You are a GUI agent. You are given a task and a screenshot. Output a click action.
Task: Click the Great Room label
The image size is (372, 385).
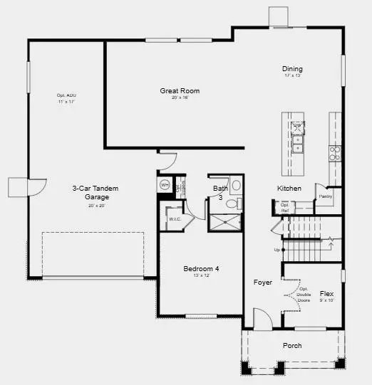(x=179, y=90)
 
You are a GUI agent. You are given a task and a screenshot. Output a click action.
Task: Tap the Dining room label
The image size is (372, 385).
(x=291, y=68)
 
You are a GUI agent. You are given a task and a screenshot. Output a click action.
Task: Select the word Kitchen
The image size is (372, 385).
(x=289, y=189)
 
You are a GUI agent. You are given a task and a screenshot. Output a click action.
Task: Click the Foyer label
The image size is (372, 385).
(x=263, y=283)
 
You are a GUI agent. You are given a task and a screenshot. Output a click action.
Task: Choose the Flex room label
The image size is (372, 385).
(x=327, y=293)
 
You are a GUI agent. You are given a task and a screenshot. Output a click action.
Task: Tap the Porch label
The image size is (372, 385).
(x=291, y=346)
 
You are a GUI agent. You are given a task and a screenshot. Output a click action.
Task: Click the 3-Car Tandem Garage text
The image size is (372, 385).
(x=95, y=192)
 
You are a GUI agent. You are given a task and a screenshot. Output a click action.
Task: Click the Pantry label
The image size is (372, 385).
(x=326, y=196)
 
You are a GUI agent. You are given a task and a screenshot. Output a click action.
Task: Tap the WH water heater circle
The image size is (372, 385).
(x=165, y=185)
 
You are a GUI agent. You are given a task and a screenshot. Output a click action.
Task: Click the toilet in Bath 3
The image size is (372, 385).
(x=231, y=204)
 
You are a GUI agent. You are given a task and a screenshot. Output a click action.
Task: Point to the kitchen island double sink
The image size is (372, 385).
(x=299, y=144)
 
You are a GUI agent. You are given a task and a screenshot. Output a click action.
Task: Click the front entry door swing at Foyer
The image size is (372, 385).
(x=261, y=318)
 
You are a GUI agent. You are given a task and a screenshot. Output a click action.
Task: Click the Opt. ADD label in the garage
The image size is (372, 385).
(x=66, y=96)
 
